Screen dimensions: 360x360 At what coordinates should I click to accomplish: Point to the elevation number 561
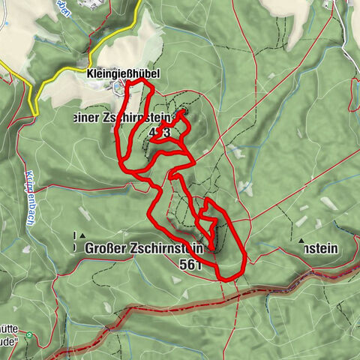click(191, 265)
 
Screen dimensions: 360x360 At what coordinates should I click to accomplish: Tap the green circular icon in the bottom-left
click(29, 335)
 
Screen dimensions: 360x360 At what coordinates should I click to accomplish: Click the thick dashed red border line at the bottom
click(150, 307)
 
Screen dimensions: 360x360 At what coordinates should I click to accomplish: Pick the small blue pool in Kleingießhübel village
click(118, 87)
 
